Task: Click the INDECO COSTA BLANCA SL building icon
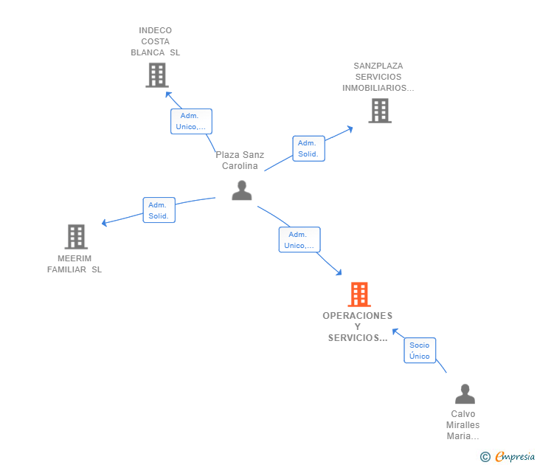pos(156,75)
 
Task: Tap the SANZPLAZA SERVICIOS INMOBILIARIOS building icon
pos(379,111)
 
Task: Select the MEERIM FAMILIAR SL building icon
pos(76,237)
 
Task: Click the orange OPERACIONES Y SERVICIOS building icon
pos(359,294)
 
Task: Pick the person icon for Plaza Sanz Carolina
pos(242,190)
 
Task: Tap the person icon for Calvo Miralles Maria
pos(465,394)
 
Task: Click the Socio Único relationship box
pos(420,351)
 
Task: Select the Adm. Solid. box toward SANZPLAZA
pos(308,148)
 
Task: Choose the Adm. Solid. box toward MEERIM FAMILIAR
pos(159,210)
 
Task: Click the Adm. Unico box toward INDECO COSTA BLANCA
pos(191,121)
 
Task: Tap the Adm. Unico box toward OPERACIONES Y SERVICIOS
pos(299,240)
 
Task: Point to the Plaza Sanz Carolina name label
pos(240,160)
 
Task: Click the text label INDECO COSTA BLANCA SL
pos(156,42)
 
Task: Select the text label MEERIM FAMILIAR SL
pos(75,264)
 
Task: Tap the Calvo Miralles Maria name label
pos(462,425)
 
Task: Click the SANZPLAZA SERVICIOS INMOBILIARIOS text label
pos(378,77)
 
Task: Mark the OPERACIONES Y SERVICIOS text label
pos(358,327)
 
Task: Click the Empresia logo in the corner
pos(514,457)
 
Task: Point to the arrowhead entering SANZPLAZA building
pos(350,129)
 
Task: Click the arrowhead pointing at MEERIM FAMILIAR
pos(105,223)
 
